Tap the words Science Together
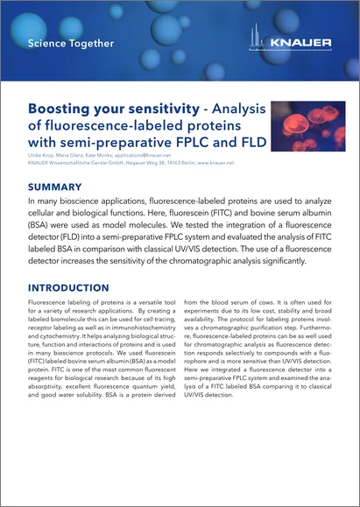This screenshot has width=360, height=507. [71, 42]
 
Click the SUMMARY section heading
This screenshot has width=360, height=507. [55, 187]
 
